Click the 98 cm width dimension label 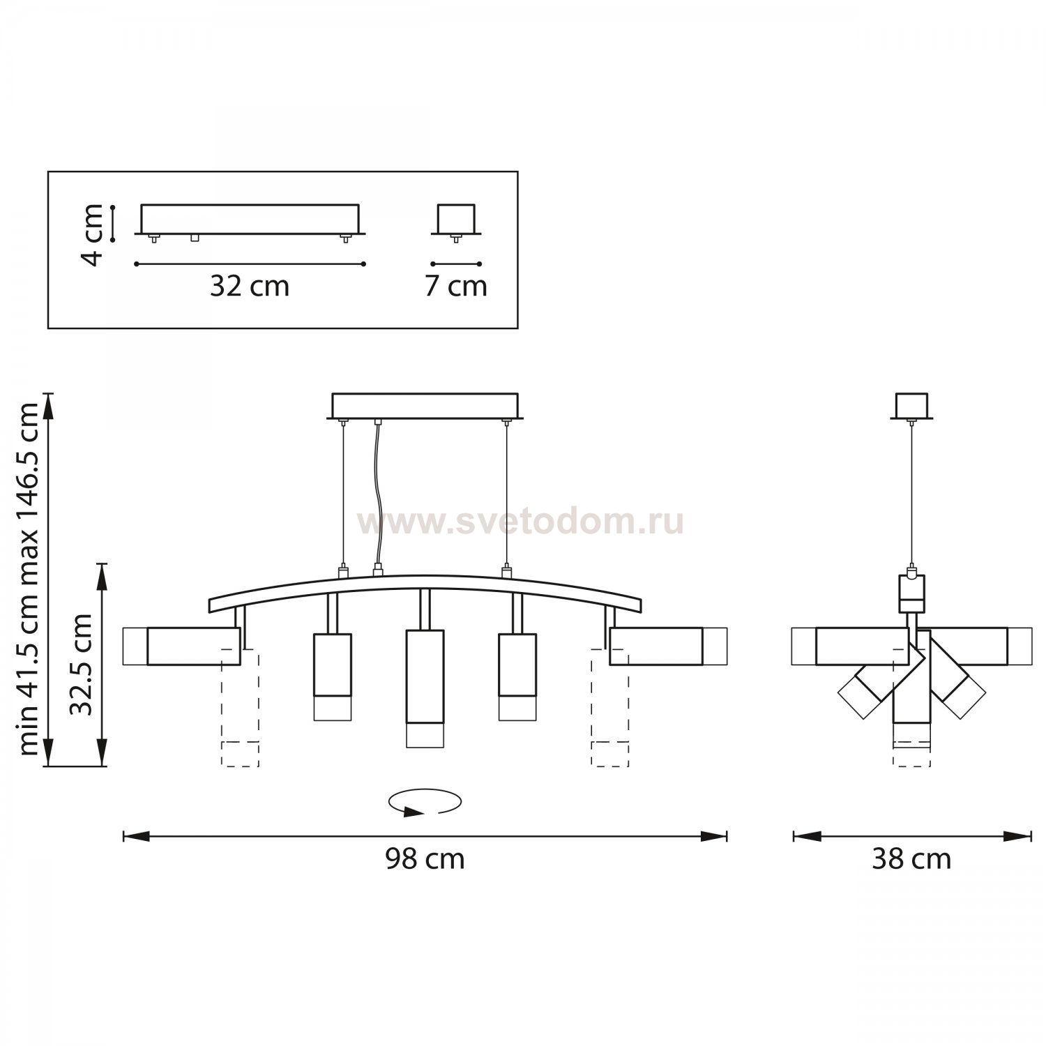(x=425, y=858)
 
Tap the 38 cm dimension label (x=911, y=858)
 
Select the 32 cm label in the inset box (x=250, y=286)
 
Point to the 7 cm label (x=456, y=286)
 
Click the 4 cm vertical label (x=92, y=235)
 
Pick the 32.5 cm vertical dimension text (x=81, y=665)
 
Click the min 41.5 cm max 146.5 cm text (x=29, y=579)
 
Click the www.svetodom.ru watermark (x=521, y=522)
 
